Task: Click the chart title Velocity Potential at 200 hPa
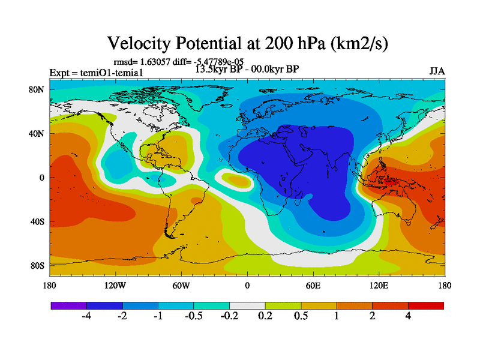coord(248,43)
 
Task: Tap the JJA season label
coord(437,71)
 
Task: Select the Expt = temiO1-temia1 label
coord(96,73)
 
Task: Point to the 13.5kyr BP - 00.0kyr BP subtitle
coord(247,68)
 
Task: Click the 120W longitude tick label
coord(115,285)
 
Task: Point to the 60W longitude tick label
coord(181,285)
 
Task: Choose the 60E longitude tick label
coord(313,285)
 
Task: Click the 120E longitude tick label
coord(379,285)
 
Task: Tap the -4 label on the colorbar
coord(86,316)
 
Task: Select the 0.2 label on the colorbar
coord(265,316)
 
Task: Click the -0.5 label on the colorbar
coord(194,316)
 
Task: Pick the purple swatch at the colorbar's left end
coord(68,305)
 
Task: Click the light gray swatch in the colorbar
coord(247,305)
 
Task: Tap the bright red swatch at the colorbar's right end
coord(426,305)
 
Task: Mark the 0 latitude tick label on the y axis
coord(42,178)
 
